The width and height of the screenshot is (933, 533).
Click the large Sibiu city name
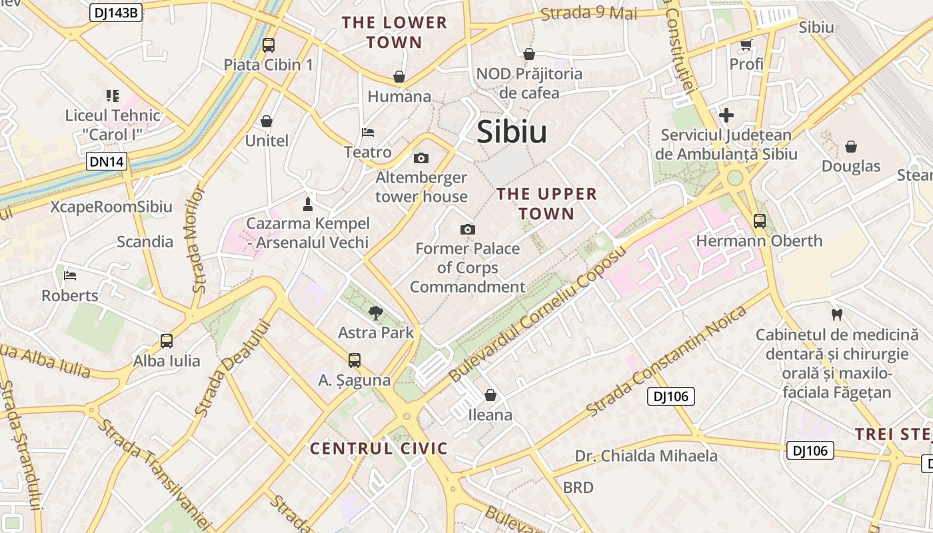[x=512, y=132]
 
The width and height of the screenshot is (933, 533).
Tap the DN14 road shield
[x=106, y=161]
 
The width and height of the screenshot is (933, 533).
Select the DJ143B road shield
[x=116, y=12]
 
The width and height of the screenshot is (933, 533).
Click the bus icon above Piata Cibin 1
[x=268, y=45]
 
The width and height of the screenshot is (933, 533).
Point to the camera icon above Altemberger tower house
[x=421, y=158]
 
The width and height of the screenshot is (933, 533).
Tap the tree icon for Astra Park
[x=376, y=312]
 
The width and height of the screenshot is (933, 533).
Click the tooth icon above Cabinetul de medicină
[x=836, y=314]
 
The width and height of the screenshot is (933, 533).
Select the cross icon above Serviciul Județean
[x=726, y=115]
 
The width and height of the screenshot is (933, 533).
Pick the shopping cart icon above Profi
[x=746, y=45]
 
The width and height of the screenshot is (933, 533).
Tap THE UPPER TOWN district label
[x=546, y=203]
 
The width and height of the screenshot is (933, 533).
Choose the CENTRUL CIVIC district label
[x=379, y=448]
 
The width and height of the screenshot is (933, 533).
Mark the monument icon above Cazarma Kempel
[x=307, y=203]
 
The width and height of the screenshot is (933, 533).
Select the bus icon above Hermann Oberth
[x=759, y=221]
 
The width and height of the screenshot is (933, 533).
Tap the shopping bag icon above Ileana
[x=490, y=395]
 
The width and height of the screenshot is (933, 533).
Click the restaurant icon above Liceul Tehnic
[x=112, y=96]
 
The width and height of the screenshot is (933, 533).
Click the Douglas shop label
[x=851, y=166]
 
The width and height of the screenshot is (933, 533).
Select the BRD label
[x=578, y=487]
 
